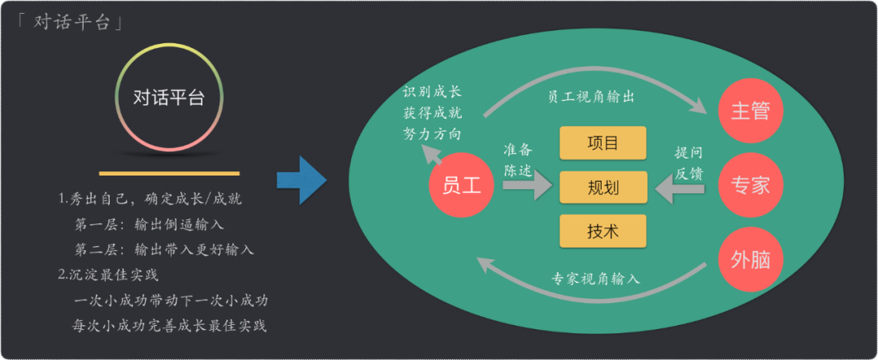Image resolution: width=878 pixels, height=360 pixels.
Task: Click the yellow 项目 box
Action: (x=602, y=143)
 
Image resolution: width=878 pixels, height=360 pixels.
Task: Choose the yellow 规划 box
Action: (x=602, y=188)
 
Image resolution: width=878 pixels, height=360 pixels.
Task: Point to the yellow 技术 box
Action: (x=602, y=231)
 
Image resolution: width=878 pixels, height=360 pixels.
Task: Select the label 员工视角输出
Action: (x=590, y=96)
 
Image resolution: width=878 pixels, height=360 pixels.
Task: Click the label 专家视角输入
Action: (x=596, y=278)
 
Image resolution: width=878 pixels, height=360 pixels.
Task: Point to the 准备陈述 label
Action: (x=518, y=160)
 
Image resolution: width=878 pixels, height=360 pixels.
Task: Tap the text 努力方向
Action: (x=432, y=132)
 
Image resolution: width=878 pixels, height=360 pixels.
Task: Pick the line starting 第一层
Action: (x=149, y=223)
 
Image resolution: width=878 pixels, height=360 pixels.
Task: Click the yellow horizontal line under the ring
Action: (x=169, y=173)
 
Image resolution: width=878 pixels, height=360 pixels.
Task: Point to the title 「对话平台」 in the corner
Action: (x=71, y=22)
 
